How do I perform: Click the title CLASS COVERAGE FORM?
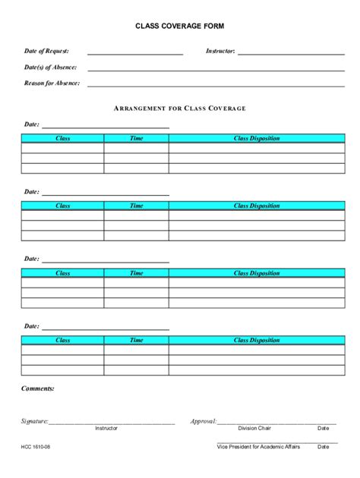(180, 26)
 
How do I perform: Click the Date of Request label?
(46, 51)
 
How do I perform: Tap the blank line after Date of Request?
(135, 53)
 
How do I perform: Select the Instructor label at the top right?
(220, 51)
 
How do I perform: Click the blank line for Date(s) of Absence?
(213, 69)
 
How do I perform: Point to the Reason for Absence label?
(51, 83)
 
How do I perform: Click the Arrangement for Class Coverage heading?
(180, 108)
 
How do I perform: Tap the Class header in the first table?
(63, 139)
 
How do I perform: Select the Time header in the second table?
(137, 206)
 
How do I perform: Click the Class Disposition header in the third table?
(257, 272)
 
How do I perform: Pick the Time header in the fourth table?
(137, 340)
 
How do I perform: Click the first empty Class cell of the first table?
(63, 149)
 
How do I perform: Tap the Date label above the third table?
(31, 258)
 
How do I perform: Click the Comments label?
(38, 388)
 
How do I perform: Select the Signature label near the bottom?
(35, 420)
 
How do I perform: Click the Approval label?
(204, 420)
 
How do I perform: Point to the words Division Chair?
(254, 429)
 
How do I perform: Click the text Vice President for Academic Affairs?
(258, 447)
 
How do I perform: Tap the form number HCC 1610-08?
(36, 447)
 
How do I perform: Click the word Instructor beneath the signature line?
(106, 429)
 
